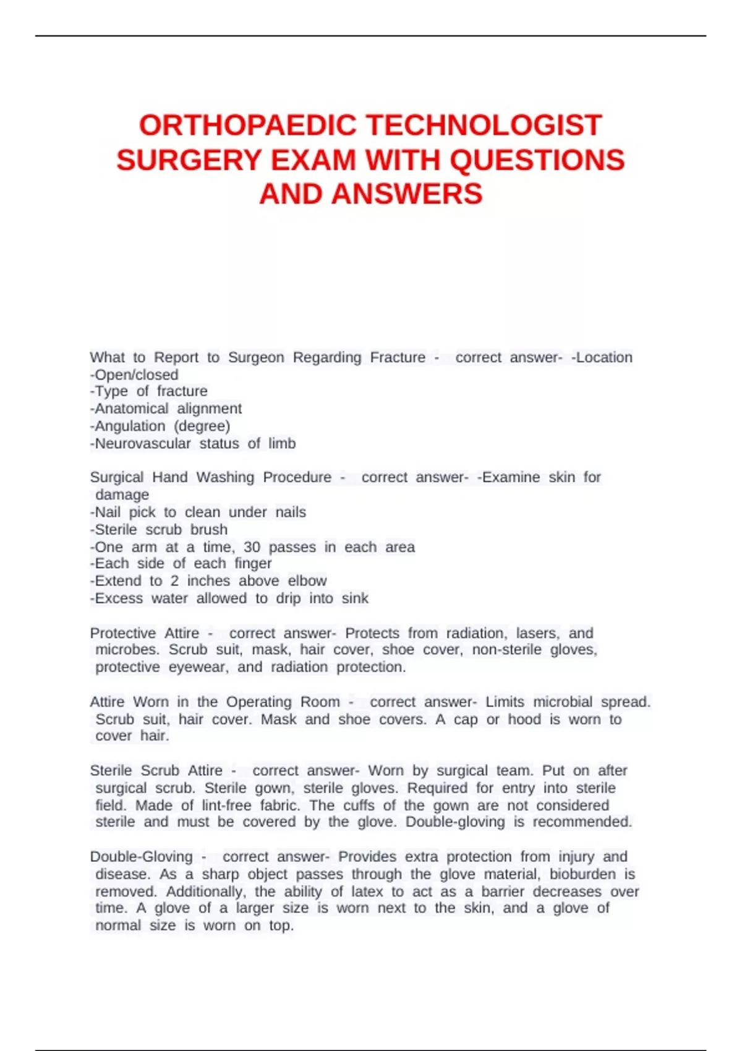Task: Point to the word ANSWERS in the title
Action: point(407,194)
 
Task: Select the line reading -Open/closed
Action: point(134,375)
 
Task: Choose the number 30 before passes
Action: point(252,547)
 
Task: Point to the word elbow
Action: point(307,581)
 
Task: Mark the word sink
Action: point(355,598)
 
